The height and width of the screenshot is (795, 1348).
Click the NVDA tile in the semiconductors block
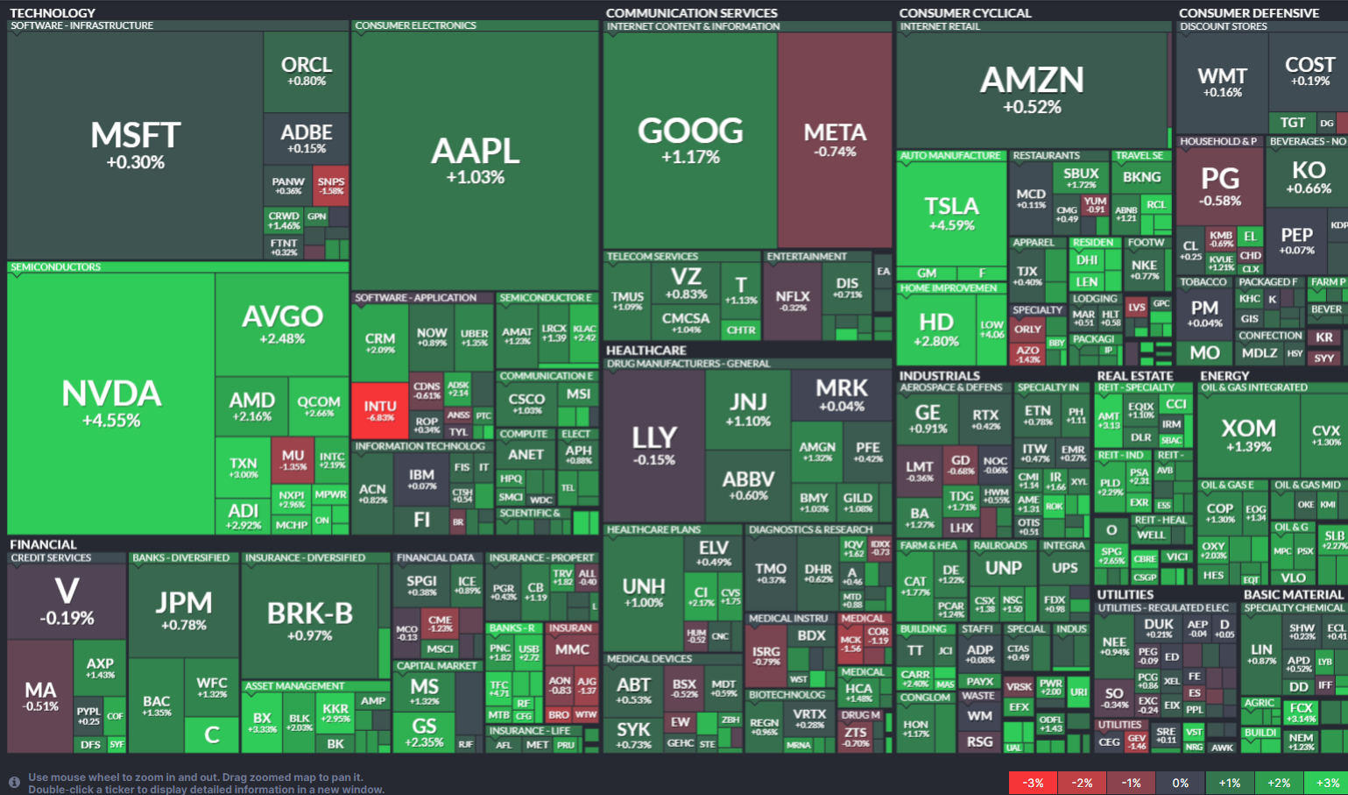(x=111, y=403)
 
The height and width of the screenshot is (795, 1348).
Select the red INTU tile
(x=379, y=410)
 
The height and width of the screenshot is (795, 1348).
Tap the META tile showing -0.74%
(x=835, y=140)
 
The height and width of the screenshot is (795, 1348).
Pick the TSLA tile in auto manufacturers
(x=951, y=213)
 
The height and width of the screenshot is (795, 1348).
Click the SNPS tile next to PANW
(x=331, y=185)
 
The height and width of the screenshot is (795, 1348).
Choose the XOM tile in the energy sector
(x=1248, y=434)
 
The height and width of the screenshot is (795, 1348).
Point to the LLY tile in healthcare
(x=653, y=444)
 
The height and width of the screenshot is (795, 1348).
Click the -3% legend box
(x=1033, y=783)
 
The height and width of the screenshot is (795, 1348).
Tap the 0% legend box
(x=1180, y=783)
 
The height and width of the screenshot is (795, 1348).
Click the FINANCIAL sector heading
(x=43, y=544)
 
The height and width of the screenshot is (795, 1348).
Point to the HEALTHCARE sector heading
(x=646, y=351)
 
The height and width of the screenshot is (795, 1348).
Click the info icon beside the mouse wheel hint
(x=14, y=782)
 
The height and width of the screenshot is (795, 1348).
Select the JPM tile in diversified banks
(x=183, y=609)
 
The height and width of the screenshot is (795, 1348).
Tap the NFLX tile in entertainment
(x=793, y=300)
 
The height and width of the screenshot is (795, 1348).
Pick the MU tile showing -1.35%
(x=293, y=459)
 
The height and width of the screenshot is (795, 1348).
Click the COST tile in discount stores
(x=1309, y=70)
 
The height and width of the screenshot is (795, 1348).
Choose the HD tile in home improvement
(x=935, y=329)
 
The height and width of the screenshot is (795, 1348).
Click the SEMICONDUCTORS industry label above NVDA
(x=55, y=267)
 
